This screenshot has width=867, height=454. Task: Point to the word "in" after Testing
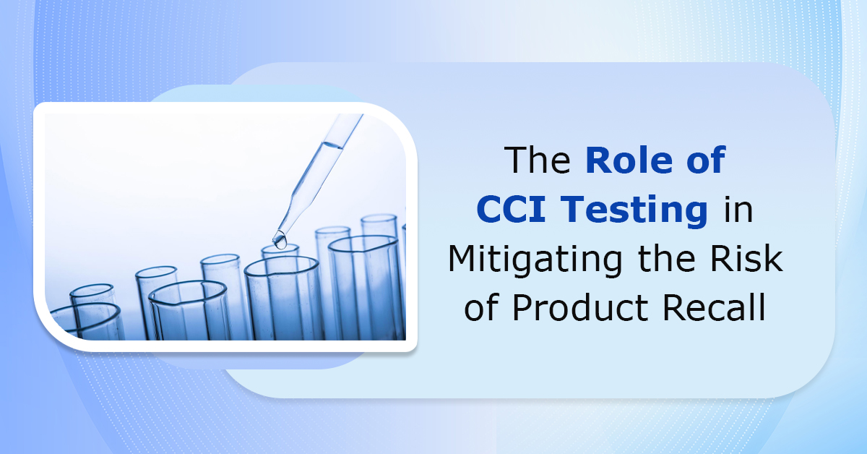[x=737, y=210]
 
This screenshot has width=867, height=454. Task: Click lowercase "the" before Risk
[x=664, y=259]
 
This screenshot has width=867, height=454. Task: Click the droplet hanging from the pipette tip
[x=280, y=236]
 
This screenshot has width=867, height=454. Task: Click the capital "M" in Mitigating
[x=464, y=259]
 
